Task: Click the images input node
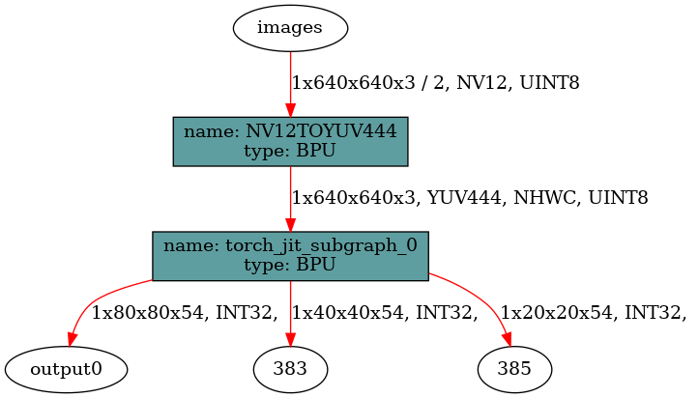click(x=290, y=27)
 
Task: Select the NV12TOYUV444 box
click(x=290, y=141)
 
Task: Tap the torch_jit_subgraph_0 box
click(x=290, y=256)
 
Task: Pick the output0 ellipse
click(x=66, y=368)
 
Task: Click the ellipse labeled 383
click(x=290, y=368)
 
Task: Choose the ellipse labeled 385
click(x=515, y=368)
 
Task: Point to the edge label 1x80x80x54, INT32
click(x=184, y=312)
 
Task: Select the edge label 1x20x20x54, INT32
click(x=594, y=312)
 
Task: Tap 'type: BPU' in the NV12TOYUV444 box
click(x=290, y=151)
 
